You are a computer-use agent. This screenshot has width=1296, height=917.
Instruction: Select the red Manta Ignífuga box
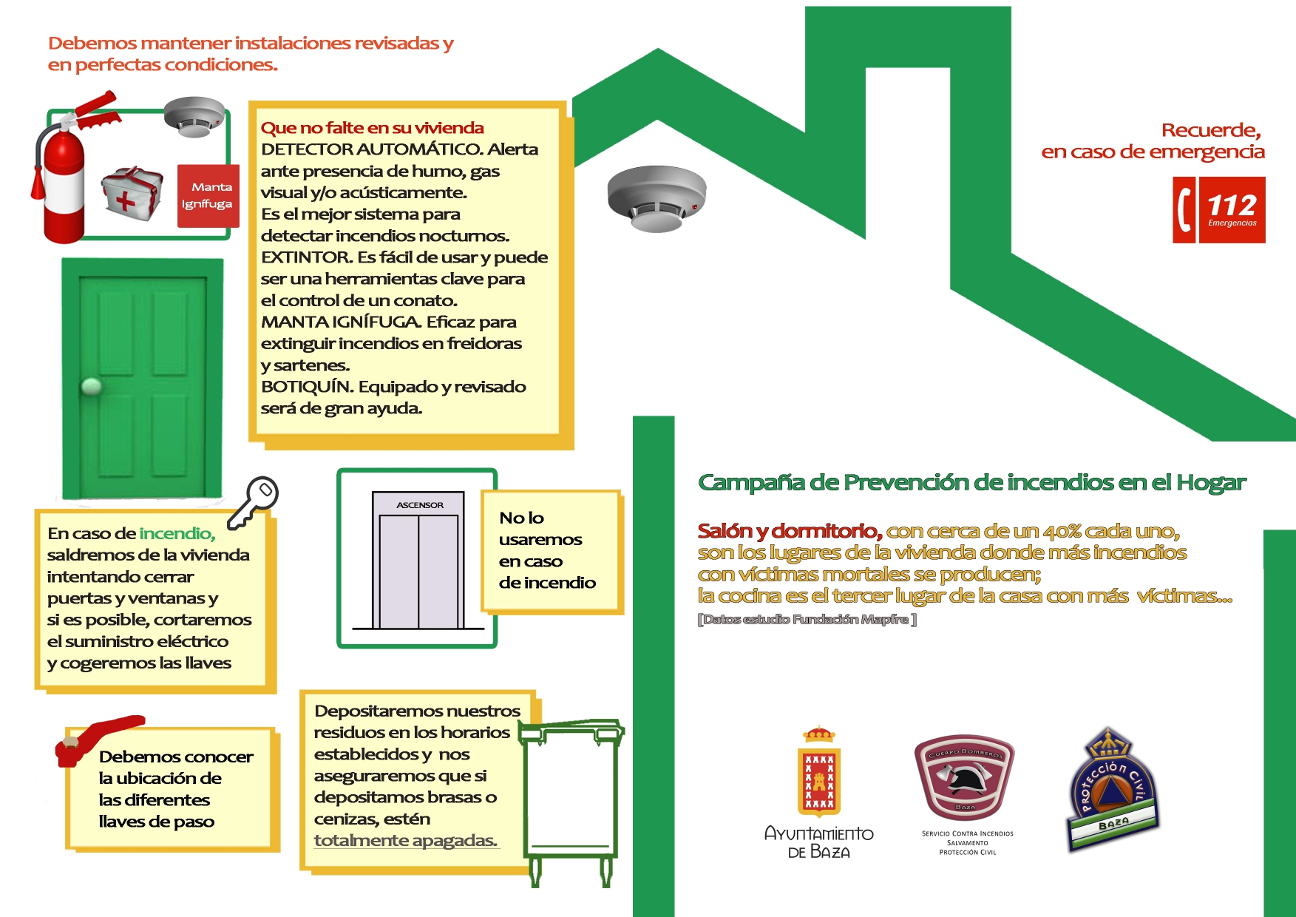[x=208, y=195]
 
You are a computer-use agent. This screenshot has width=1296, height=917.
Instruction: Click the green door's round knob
[x=92, y=385]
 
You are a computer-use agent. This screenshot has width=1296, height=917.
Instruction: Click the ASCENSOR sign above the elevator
[x=419, y=505]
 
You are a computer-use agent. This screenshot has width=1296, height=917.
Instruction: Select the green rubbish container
[x=571, y=799]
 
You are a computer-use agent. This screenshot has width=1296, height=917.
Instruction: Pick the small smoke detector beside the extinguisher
[x=194, y=117]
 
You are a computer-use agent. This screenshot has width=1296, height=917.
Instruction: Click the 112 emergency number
[x=1232, y=206]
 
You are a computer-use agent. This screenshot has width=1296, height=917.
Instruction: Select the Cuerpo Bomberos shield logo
[x=964, y=776]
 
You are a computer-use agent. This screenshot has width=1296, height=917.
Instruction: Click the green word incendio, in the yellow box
[x=177, y=533]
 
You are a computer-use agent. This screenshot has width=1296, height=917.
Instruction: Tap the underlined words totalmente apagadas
[x=405, y=841]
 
